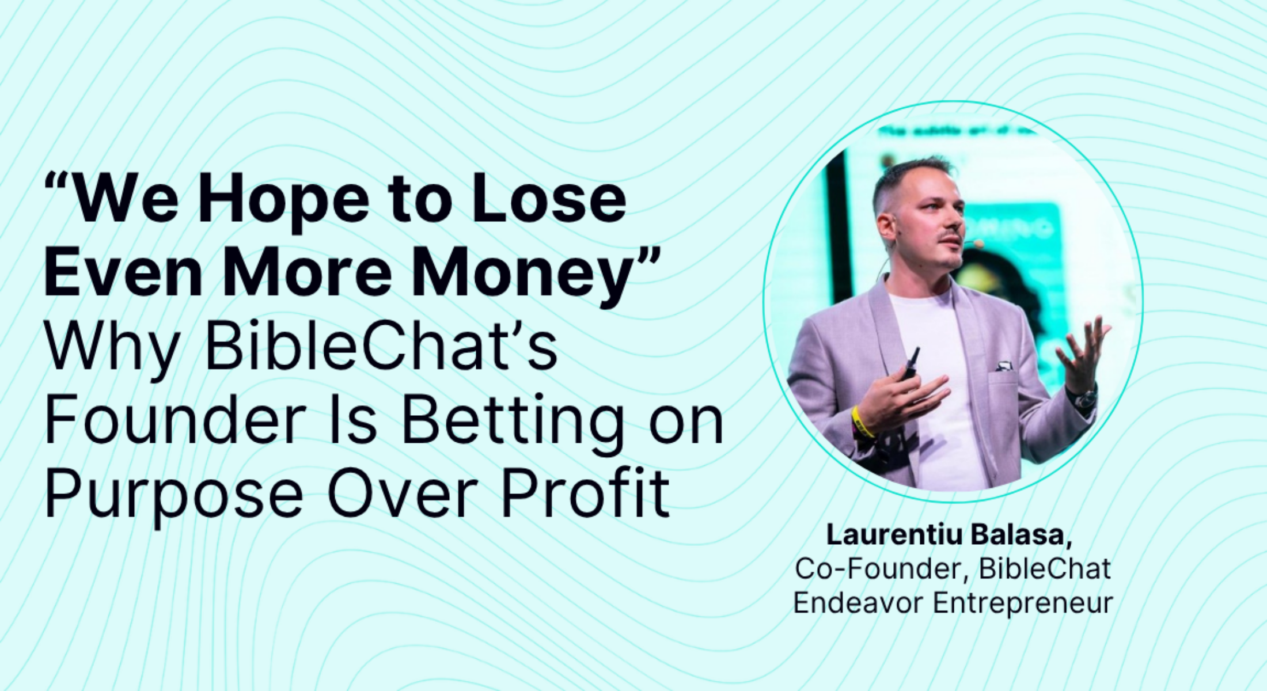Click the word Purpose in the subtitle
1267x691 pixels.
coord(173,496)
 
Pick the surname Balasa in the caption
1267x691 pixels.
coord(1020,535)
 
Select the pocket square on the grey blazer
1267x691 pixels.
coord(1003,366)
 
